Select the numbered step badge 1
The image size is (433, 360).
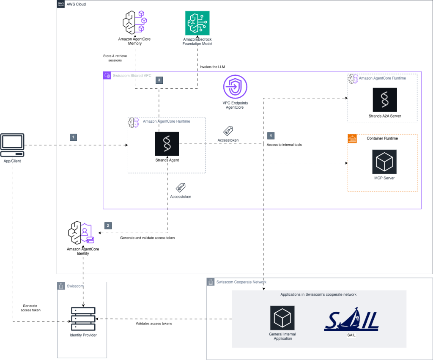tap(74, 137)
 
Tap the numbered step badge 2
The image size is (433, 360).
tap(108, 225)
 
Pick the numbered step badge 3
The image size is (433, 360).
tap(159, 80)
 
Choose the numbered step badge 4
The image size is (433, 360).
tap(271, 135)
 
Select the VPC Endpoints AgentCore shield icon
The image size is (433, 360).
tap(235, 88)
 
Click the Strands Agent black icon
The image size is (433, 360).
tap(167, 144)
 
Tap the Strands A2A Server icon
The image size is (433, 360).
tap(384, 100)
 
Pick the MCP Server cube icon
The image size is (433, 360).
tap(384, 162)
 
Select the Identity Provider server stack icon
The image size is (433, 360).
tap(82, 319)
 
